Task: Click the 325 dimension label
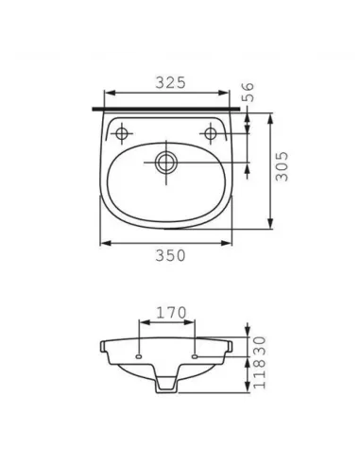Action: click(171, 82)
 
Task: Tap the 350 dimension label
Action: click(171, 255)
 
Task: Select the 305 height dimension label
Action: click(282, 166)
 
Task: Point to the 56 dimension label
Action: click(248, 92)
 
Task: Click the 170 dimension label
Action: click(171, 313)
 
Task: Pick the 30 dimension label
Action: click(260, 346)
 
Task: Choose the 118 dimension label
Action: click(260, 373)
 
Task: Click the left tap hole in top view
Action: click(121, 133)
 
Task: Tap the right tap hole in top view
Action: click(210, 133)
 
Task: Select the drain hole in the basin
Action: click(166, 163)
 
